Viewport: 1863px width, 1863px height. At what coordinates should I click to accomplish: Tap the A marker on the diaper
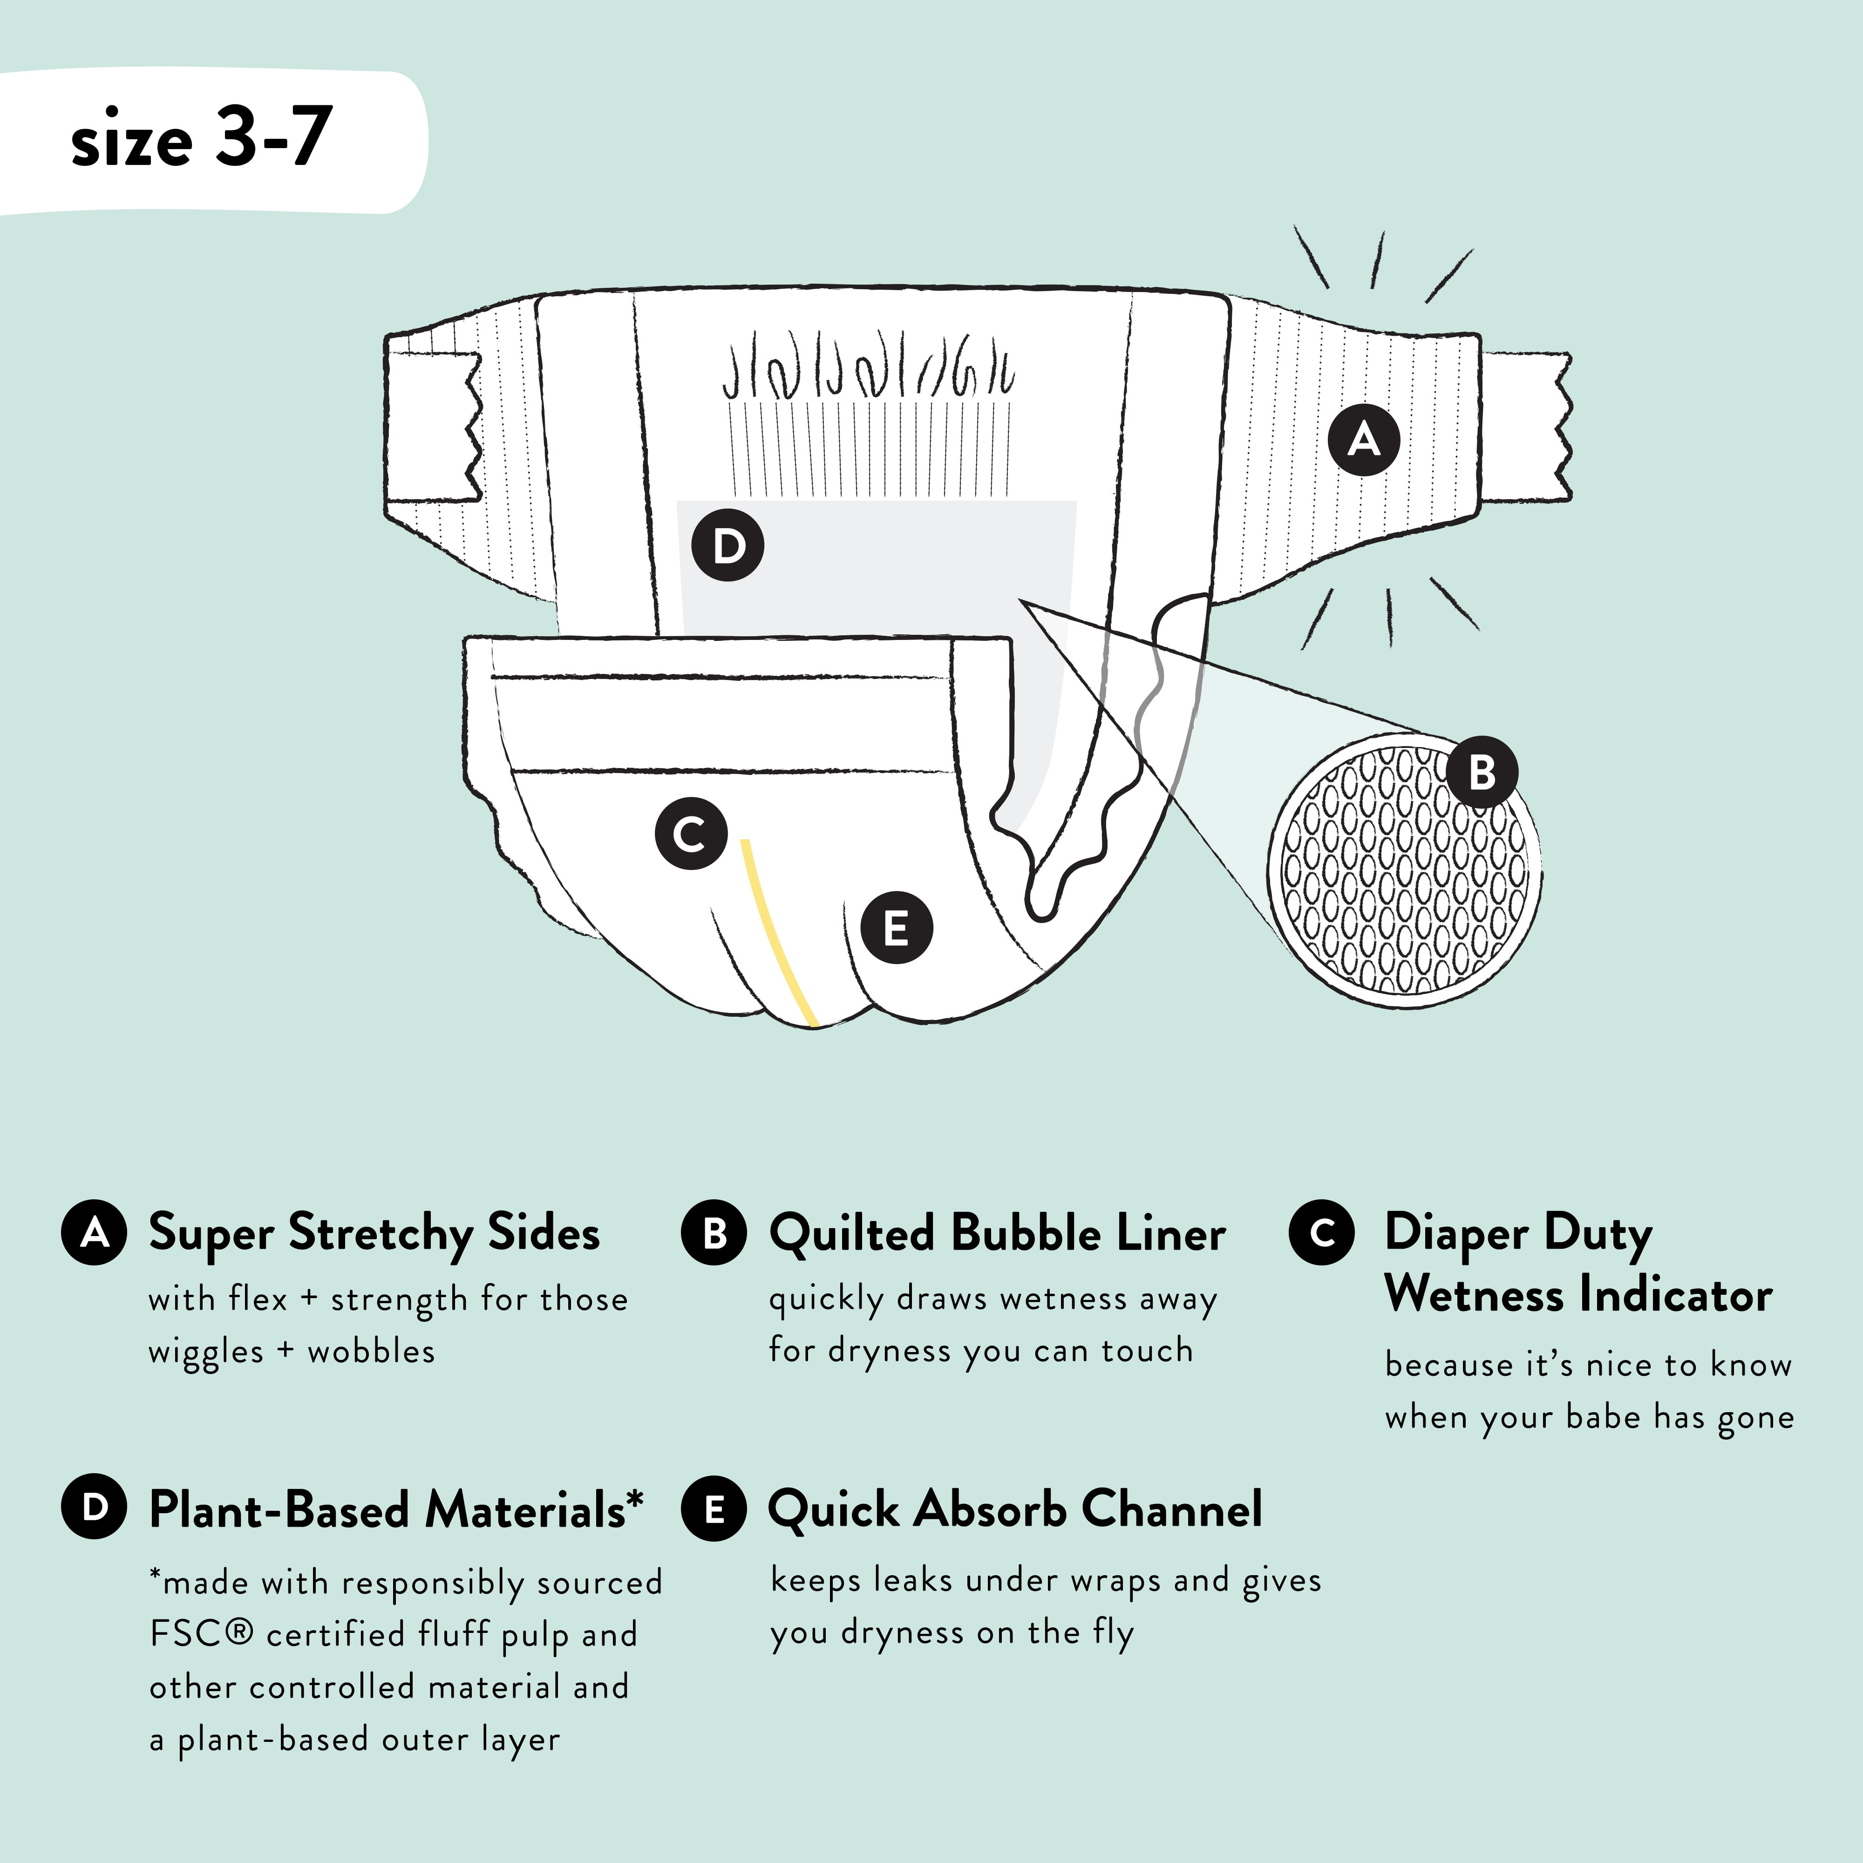point(1364,440)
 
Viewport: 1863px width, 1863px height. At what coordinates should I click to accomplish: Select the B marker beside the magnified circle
point(1482,771)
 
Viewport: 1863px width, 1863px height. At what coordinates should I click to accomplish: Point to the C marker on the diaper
point(690,834)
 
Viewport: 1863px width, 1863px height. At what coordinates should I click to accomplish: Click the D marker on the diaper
point(728,546)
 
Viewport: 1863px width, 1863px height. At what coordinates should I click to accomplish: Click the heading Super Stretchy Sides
point(374,1233)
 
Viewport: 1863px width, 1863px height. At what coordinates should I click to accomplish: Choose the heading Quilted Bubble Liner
point(997,1233)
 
